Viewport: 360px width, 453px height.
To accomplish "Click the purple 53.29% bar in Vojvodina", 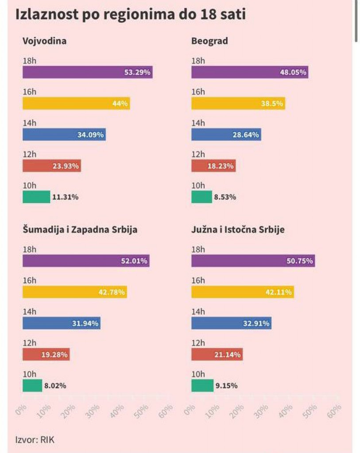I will click(87, 72).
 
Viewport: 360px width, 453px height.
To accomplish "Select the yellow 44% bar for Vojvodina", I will click(76, 103).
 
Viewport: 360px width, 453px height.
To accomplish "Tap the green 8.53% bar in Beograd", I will click(201, 197).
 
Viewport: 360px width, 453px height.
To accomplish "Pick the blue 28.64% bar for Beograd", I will click(226, 134).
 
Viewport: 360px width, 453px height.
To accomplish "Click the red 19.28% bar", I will click(46, 354).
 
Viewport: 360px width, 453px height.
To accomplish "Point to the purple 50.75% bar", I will click(253, 261).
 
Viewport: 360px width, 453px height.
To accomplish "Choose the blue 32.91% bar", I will click(231, 323).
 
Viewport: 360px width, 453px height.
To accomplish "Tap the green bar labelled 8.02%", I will click(32, 385).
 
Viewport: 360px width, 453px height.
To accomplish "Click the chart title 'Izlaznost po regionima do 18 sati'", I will click(131, 14).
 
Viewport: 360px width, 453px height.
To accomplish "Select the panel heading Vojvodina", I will click(45, 41).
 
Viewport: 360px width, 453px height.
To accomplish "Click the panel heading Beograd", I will click(209, 41).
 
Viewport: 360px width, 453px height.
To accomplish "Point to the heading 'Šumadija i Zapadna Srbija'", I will click(80, 230).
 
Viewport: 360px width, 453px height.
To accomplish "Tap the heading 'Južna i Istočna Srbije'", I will click(238, 230).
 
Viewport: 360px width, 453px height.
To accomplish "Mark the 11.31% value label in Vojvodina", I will click(65, 197).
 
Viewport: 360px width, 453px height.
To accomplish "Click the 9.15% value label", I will click(226, 385).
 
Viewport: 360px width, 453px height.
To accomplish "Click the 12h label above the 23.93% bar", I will click(30, 154).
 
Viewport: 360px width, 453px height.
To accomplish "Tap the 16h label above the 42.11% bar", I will click(198, 280).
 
